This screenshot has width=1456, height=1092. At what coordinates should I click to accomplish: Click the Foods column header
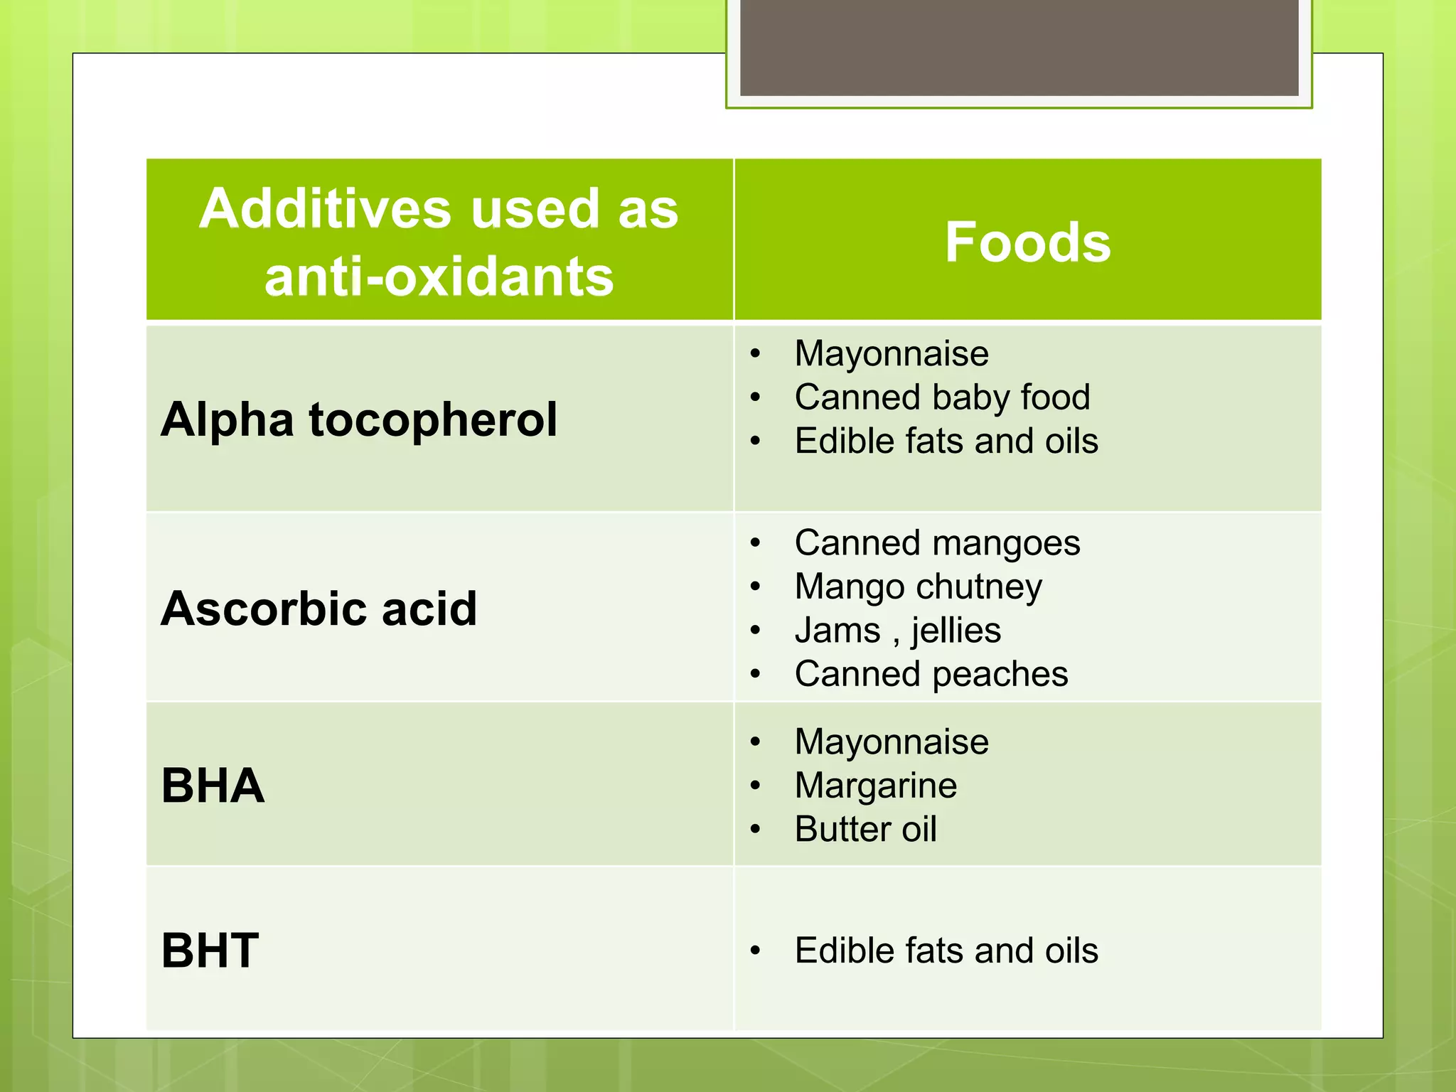[1027, 242]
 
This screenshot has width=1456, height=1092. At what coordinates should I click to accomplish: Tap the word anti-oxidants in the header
[439, 277]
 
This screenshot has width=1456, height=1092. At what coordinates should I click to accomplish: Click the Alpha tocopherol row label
[359, 419]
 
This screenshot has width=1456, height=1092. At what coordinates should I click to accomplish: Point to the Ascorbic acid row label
[319, 609]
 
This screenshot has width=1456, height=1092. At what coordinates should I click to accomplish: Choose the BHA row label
[213, 786]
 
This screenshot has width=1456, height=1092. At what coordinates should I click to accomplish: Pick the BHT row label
[210, 951]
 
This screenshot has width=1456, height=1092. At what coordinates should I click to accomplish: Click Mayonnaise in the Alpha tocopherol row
[892, 353]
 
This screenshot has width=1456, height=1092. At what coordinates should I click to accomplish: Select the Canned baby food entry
[942, 397]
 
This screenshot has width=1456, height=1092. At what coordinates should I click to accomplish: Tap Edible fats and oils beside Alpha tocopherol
[946, 441]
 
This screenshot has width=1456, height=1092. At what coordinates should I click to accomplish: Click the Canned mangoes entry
[937, 543]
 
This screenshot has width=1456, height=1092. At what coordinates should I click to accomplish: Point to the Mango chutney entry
[918, 587]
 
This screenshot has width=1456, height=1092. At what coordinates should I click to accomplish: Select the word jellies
[956, 631]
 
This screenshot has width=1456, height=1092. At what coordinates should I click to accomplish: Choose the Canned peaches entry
[931, 674]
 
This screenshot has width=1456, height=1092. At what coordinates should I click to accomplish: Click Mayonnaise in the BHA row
[892, 742]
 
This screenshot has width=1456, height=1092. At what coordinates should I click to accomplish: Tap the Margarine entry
[876, 786]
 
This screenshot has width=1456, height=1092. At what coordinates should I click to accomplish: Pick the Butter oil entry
[865, 829]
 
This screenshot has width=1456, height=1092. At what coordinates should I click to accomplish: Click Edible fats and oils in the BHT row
[946, 951]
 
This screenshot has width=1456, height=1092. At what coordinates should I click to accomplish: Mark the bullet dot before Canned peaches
[755, 674]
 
